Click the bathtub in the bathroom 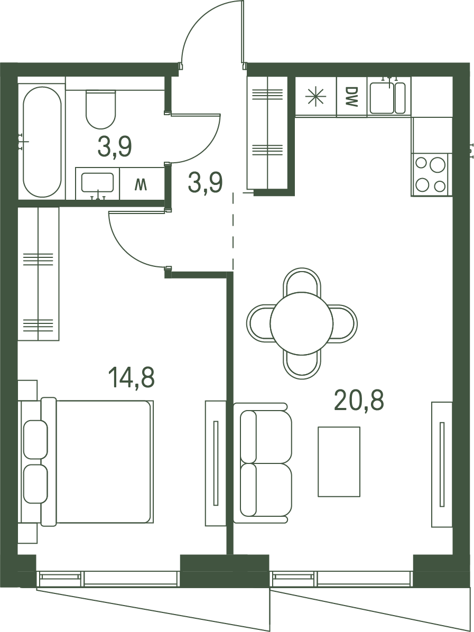click(x=42, y=142)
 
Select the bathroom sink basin click(x=98, y=183)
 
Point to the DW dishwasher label click(x=351, y=97)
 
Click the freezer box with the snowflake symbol click(x=315, y=97)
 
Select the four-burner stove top click(x=431, y=174)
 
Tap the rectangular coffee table click(x=339, y=461)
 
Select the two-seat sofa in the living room click(x=263, y=463)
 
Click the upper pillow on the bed click(x=35, y=439)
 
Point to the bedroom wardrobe click(x=38, y=274)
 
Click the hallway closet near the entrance click(x=267, y=133)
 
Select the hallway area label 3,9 click(x=205, y=183)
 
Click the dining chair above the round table click(x=302, y=281)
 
